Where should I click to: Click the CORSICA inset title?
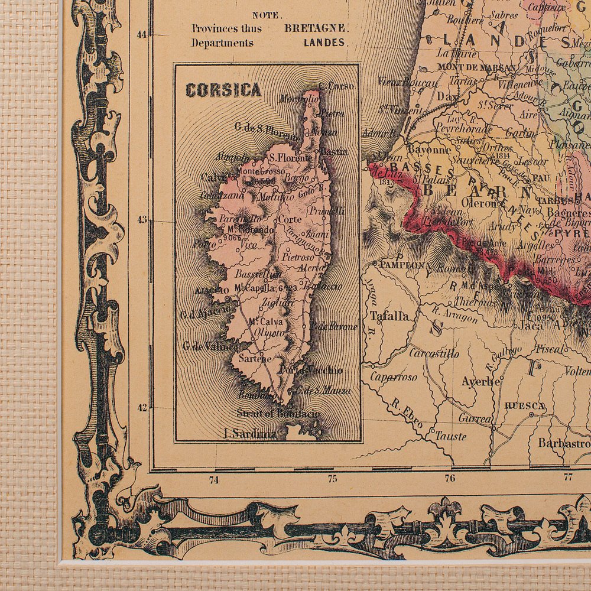[x=223, y=90]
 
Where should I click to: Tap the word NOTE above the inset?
[x=267, y=16]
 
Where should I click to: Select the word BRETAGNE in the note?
[x=316, y=28]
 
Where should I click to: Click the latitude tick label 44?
[x=141, y=34]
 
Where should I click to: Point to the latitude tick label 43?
[x=141, y=220]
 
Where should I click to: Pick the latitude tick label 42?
[x=141, y=407]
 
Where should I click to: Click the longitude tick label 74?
[x=214, y=479]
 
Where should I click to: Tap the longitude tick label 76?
[x=450, y=478]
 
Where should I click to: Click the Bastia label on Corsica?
[x=334, y=151]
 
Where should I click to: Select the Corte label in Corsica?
[x=290, y=219]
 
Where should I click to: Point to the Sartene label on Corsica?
[x=255, y=358]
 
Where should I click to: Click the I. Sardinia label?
[x=250, y=433]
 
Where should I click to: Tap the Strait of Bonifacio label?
[x=278, y=413]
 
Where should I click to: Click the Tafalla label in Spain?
[x=389, y=316]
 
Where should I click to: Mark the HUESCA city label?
[x=525, y=405]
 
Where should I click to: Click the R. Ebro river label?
[x=407, y=414]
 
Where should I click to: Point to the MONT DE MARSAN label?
[x=469, y=67]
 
